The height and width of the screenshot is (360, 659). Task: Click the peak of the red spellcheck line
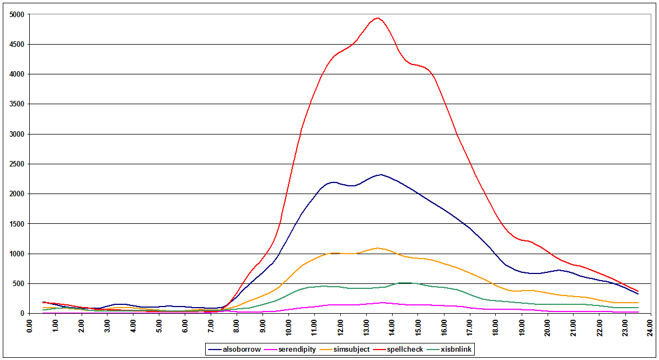(x=377, y=18)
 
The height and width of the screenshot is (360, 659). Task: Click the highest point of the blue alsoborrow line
(x=380, y=175)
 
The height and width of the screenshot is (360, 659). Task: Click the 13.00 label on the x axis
(x=366, y=325)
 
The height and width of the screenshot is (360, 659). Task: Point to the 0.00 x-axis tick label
(x=30, y=325)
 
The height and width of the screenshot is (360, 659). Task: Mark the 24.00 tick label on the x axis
(x=651, y=325)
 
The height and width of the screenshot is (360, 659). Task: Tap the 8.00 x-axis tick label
(x=237, y=325)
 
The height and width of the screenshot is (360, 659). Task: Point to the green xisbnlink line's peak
(x=405, y=283)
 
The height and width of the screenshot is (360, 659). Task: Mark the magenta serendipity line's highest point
(x=382, y=303)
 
